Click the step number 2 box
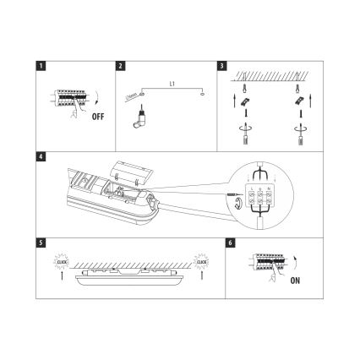click(121, 65)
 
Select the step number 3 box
click(221, 65)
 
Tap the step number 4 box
click(40, 155)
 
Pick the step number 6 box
click(231, 243)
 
